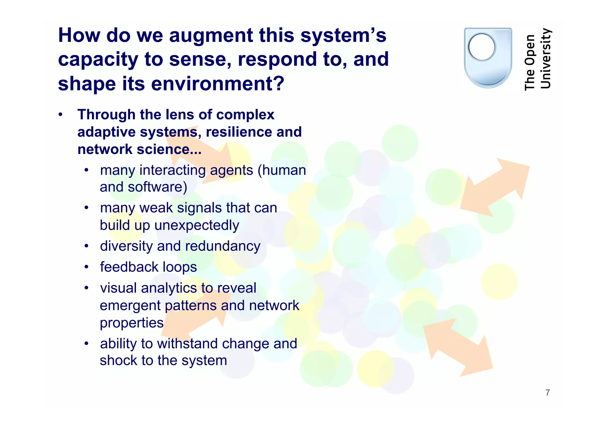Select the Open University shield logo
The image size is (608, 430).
click(x=488, y=58)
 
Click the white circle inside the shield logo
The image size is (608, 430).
click(x=482, y=47)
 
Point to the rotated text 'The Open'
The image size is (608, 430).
click(x=530, y=62)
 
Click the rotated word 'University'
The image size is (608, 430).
click(x=546, y=59)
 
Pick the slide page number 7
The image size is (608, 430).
click(x=548, y=393)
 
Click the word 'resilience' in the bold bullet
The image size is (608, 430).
click(x=239, y=132)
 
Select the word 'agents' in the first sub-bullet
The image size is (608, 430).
click(x=232, y=171)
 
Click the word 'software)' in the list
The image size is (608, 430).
click(x=158, y=187)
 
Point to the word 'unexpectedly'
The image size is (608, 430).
click(x=197, y=225)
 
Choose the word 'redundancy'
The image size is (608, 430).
click(x=223, y=246)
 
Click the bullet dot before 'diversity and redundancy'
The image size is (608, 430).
click(x=86, y=246)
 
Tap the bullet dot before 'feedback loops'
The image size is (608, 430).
click(x=86, y=267)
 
